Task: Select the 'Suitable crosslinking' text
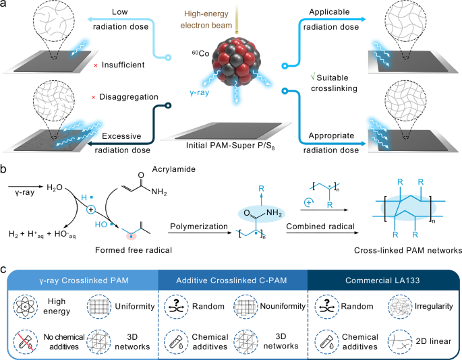[328, 84]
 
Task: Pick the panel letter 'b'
[5, 167]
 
